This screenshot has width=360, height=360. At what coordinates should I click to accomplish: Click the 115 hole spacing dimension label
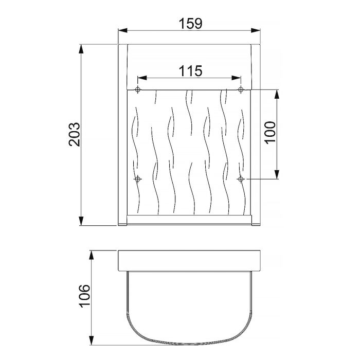click(190, 71)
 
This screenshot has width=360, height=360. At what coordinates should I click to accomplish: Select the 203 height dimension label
click(75, 135)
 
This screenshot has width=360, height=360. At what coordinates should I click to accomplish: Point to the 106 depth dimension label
click(85, 296)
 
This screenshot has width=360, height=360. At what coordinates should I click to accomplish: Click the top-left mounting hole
click(137, 91)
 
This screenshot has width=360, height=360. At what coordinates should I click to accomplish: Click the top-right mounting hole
click(241, 91)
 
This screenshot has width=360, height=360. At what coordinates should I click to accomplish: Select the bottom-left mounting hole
click(137, 179)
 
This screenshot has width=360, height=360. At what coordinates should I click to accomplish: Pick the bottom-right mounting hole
click(241, 179)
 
